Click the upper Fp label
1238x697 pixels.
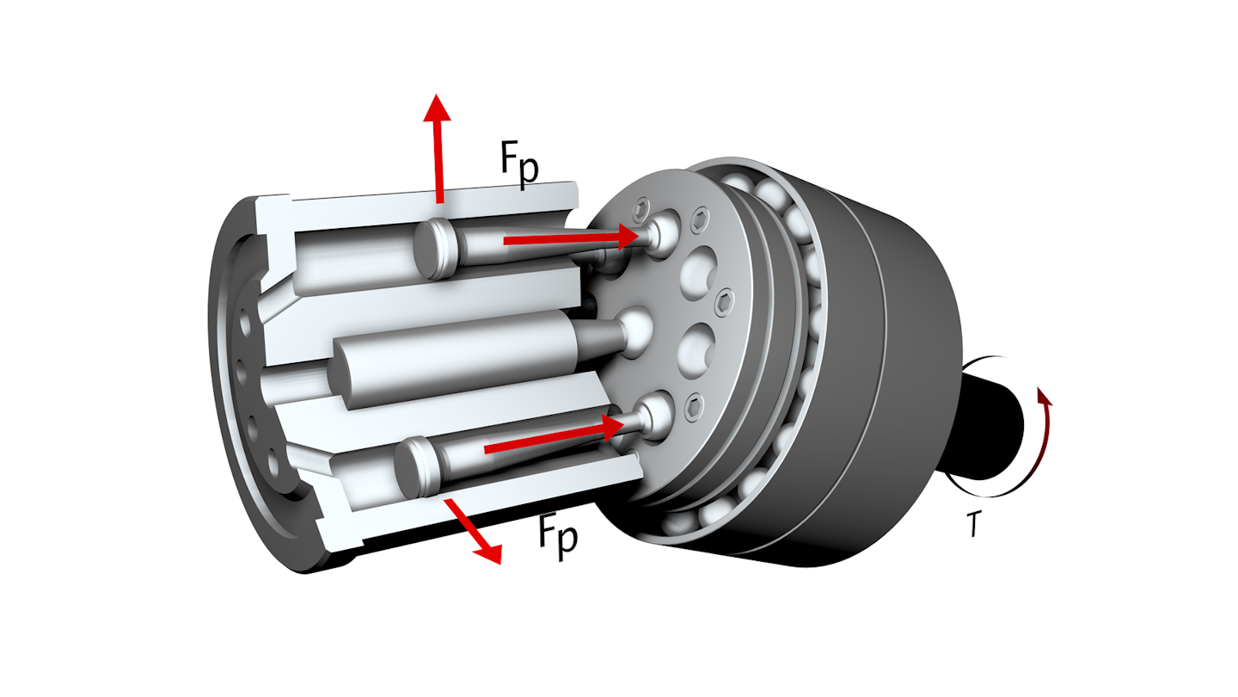(x=520, y=163)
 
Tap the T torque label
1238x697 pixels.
(x=973, y=525)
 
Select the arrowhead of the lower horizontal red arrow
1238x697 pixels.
(x=613, y=427)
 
